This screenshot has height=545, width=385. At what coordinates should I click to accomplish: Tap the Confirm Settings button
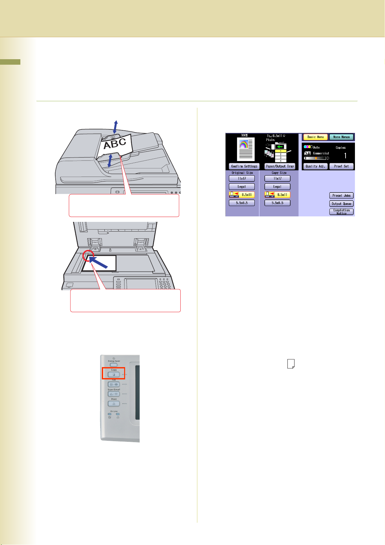click(x=244, y=166)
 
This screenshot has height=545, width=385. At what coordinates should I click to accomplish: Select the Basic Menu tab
click(x=315, y=137)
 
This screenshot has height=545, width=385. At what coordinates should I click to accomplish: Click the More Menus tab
click(x=341, y=137)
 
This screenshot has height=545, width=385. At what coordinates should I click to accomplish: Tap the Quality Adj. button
click(x=315, y=166)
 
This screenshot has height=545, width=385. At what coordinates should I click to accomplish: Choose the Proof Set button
click(x=341, y=166)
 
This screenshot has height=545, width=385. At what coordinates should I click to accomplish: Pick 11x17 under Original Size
click(x=241, y=179)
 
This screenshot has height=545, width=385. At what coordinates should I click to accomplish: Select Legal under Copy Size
click(x=277, y=187)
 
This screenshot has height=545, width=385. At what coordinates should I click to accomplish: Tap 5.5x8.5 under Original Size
click(x=241, y=203)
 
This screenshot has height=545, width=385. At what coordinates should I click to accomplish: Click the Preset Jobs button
click(x=341, y=196)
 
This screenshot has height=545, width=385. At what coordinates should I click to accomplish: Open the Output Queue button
click(x=341, y=204)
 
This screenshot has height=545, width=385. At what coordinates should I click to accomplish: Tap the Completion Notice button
click(x=341, y=212)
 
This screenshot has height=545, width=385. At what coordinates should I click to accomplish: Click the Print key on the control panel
click(x=114, y=404)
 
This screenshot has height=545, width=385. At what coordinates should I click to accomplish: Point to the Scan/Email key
click(x=114, y=394)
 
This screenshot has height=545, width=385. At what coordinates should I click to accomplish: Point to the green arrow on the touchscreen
click(x=280, y=147)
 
